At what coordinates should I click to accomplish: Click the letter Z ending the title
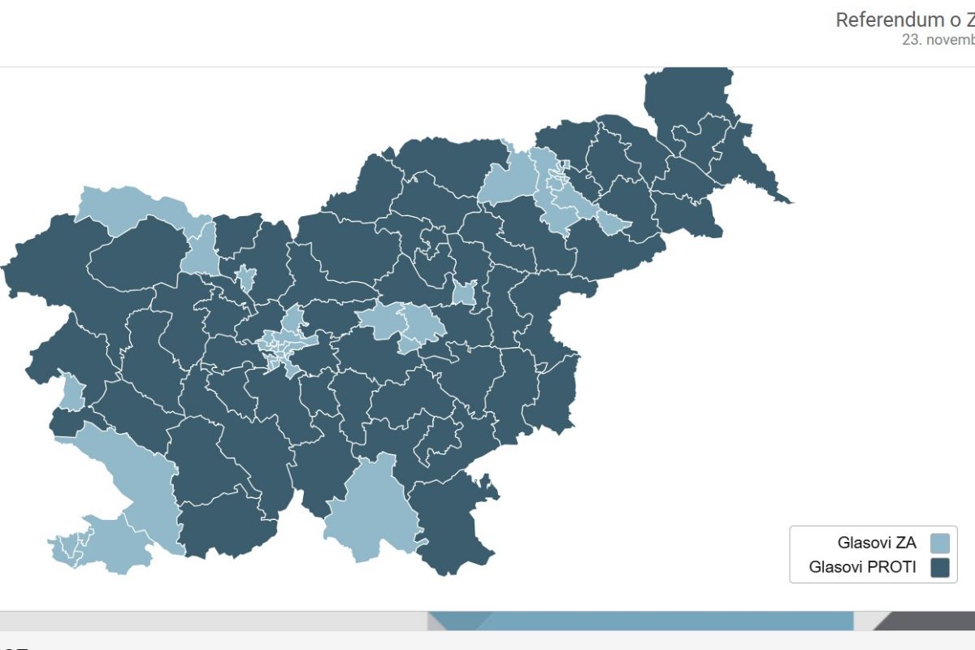[968, 19]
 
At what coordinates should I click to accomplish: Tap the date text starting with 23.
[938, 39]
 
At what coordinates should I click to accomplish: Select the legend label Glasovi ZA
[877, 543]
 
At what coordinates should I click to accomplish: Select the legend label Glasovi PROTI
[862, 567]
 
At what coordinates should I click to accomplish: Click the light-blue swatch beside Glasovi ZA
[940, 543]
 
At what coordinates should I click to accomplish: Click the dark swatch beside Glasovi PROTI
[940, 567]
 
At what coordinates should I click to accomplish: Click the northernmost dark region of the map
[687, 93]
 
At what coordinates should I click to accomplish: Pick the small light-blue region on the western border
[71, 392]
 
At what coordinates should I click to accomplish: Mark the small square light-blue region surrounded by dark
[464, 293]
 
